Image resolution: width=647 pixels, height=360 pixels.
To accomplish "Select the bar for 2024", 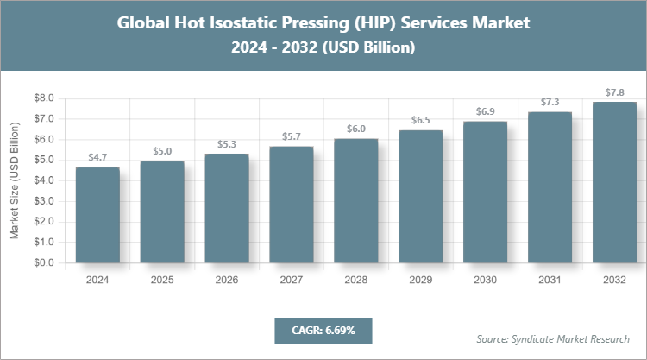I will pyautogui.click(x=97, y=215).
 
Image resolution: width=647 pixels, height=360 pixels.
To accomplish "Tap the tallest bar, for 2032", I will pyautogui.click(x=614, y=182).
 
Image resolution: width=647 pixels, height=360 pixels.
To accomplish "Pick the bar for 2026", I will pyautogui.click(x=227, y=208).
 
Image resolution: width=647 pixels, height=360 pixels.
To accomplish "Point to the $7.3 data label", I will pyautogui.click(x=550, y=101).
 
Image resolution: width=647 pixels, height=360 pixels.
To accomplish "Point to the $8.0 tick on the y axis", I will pyautogui.click(x=43, y=98).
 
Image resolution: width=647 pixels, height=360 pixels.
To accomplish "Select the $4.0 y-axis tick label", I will pyautogui.click(x=43, y=180).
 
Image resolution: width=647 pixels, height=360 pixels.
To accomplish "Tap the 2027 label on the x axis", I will pyautogui.click(x=292, y=280).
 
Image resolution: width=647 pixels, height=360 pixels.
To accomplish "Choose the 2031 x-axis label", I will pyautogui.click(x=550, y=280).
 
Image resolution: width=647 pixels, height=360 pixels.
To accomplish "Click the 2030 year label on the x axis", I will pyautogui.click(x=486, y=280).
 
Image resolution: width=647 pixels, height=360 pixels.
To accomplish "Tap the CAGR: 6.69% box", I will pyautogui.click(x=323, y=331).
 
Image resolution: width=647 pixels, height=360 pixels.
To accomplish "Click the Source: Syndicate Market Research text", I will pyautogui.click(x=553, y=338).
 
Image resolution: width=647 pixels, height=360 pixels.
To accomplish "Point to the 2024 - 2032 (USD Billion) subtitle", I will pyautogui.click(x=323, y=48).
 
